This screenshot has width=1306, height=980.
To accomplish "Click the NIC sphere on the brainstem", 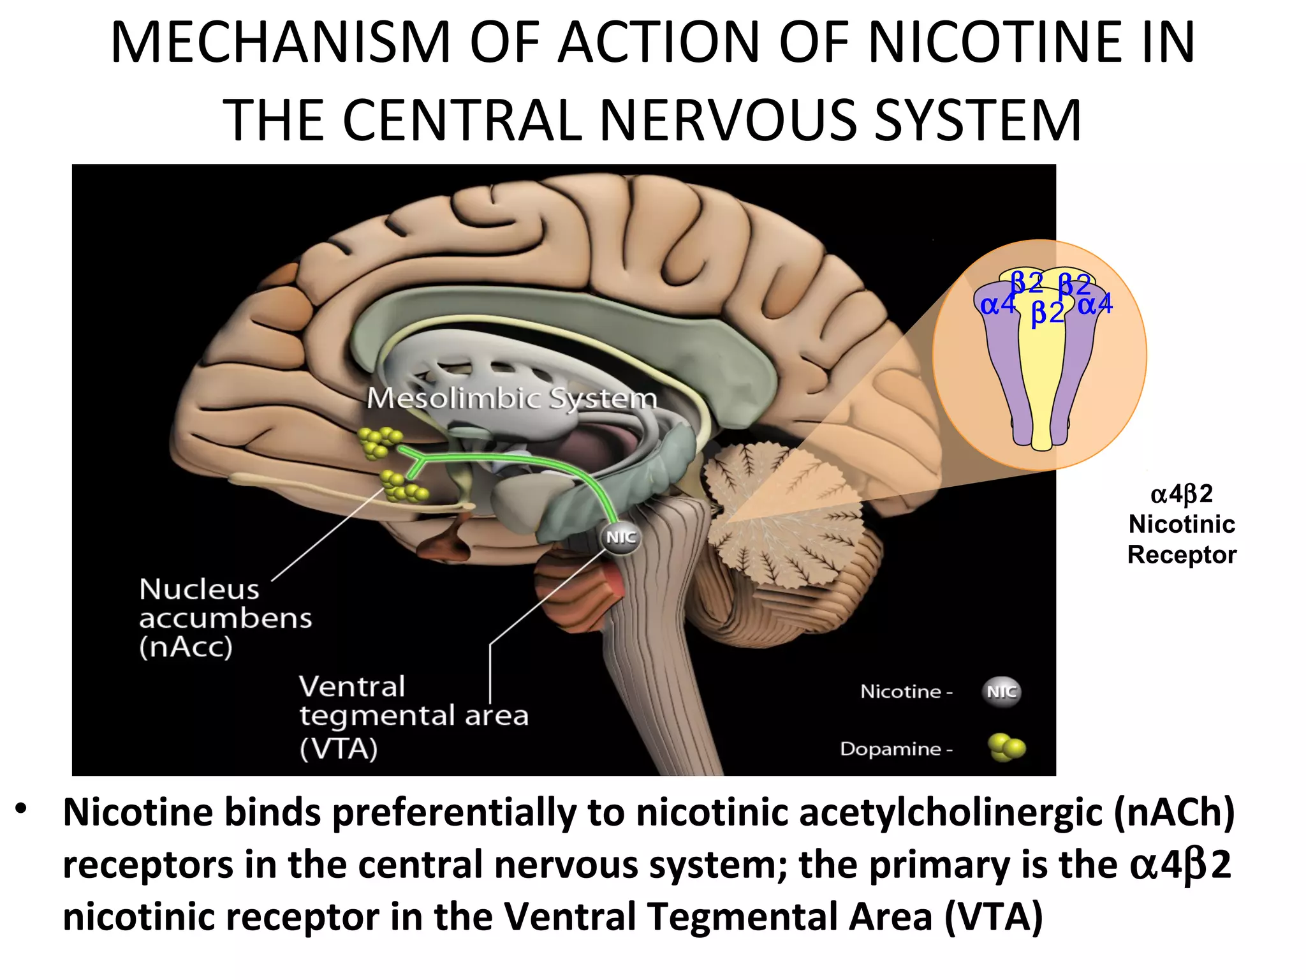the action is (x=620, y=537).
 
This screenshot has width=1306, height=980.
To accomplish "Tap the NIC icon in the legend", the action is (x=1001, y=692).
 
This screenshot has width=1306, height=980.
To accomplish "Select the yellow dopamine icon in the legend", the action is (x=1006, y=748).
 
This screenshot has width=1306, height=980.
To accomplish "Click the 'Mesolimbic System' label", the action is (x=511, y=398).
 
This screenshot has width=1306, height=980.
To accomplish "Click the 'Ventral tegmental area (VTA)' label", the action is (x=414, y=717).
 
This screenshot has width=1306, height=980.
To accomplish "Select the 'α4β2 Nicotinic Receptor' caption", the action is (x=1182, y=524).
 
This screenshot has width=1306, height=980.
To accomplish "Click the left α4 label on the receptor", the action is (x=997, y=305).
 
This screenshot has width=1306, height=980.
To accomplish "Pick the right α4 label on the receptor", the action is (x=1096, y=304).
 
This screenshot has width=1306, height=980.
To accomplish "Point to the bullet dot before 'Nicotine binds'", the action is (x=22, y=809).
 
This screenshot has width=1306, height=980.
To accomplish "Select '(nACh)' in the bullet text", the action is (x=1174, y=813).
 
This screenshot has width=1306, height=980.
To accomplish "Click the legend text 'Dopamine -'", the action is (x=896, y=748).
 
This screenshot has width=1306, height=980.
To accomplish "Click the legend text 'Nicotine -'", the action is (x=906, y=692).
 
